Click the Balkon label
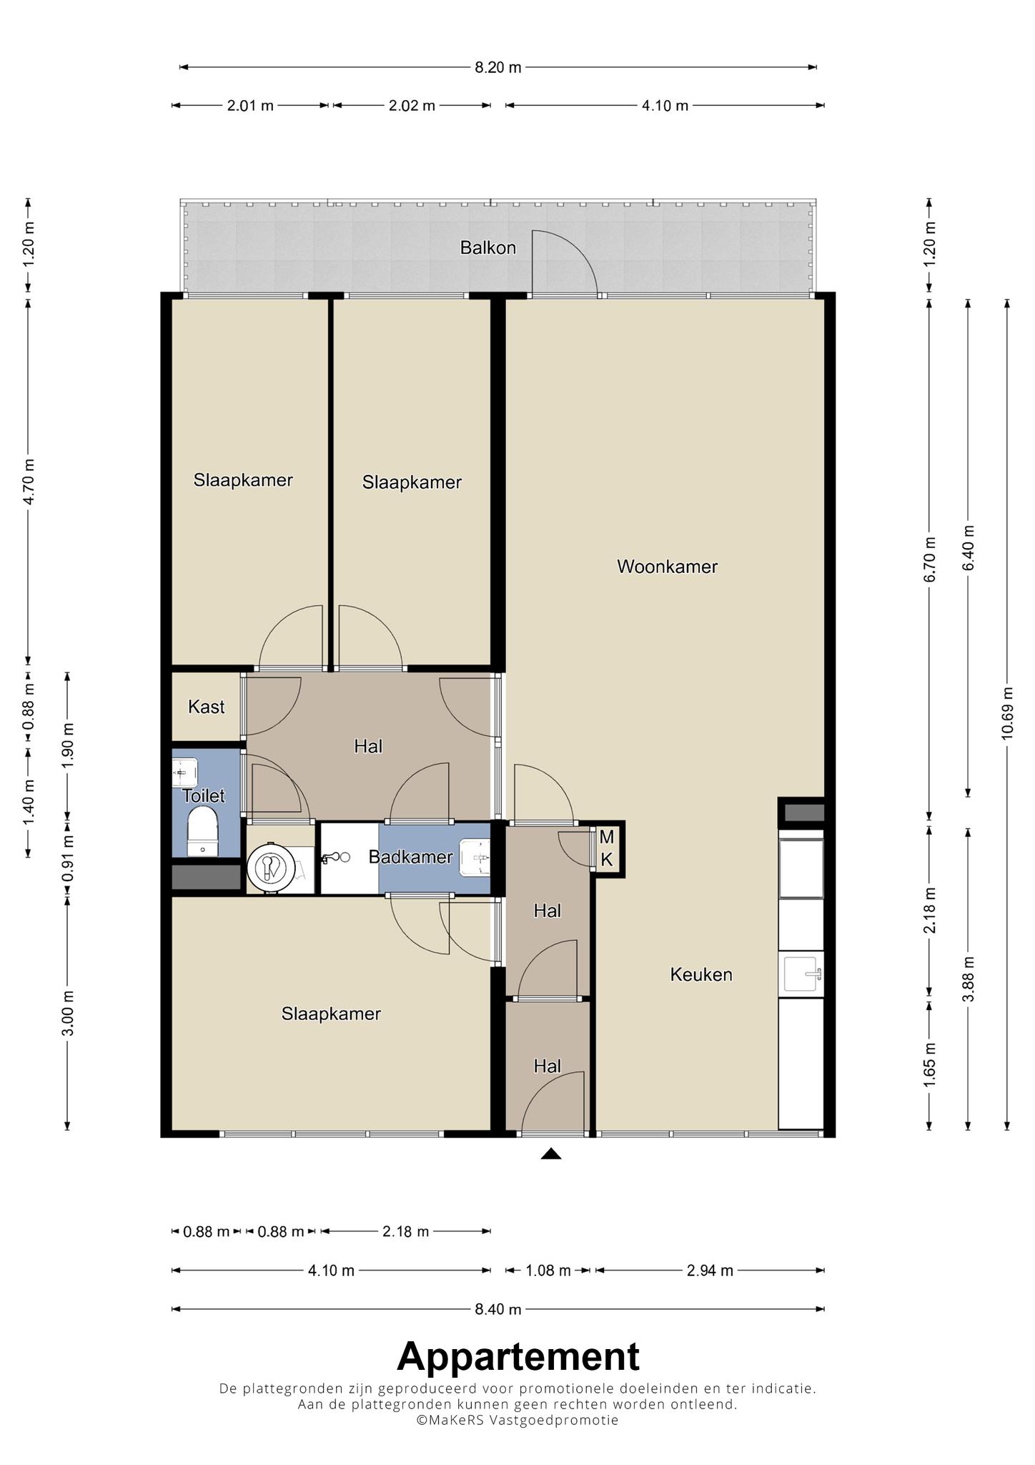[x=487, y=248]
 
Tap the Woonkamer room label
[x=667, y=567]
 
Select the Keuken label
[x=700, y=974]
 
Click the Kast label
[x=206, y=707]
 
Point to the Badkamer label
[x=410, y=857]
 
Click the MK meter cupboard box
[x=607, y=848]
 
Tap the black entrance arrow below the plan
[x=550, y=1153]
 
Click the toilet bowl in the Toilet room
[x=202, y=831]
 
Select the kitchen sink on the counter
[x=803, y=974]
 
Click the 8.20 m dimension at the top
[x=498, y=67]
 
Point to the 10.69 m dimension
[x=1007, y=713]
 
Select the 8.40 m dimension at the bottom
[x=498, y=1309]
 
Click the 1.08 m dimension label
[x=548, y=1270]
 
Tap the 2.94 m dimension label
[x=710, y=1270]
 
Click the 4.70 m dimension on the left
[x=29, y=482]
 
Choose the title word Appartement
[x=518, y=1356]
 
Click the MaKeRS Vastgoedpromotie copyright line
[x=518, y=1420]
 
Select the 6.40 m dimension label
[x=969, y=548]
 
